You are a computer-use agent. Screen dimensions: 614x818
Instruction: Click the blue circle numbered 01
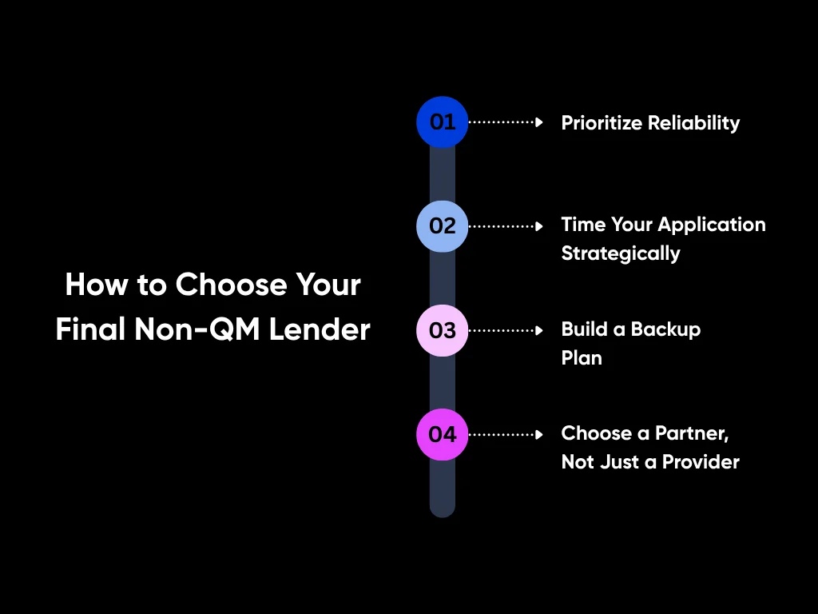pyautogui.click(x=442, y=122)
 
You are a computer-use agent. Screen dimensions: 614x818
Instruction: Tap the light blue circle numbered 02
pyautogui.click(x=442, y=226)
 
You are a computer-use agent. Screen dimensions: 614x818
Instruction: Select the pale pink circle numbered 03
pyautogui.click(x=442, y=330)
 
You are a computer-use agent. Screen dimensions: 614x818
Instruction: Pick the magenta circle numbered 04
pyautogui.click(x=442, y=434)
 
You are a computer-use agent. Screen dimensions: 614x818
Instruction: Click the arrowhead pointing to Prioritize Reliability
pyautogui.click(x=539, y=122)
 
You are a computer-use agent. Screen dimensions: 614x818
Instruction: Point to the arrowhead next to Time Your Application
pyautogui.click(x=539, y=226)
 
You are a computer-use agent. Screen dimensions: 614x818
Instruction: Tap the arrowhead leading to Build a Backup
pyautogui.click(x=539, y=330)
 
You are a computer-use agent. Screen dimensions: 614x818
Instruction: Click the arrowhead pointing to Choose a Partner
pyautogui.click(x=539, y=434)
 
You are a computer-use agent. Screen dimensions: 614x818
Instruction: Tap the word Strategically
pyautogui.click(x=621, y=254)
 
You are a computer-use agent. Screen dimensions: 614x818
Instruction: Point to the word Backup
pyautogui.click(x=665, y=329)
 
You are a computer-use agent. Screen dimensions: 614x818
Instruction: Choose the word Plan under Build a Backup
pyautogui.click(x=582, y=358)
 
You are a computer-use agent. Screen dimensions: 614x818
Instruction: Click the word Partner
pyautogui.click(x=692, y=433)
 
